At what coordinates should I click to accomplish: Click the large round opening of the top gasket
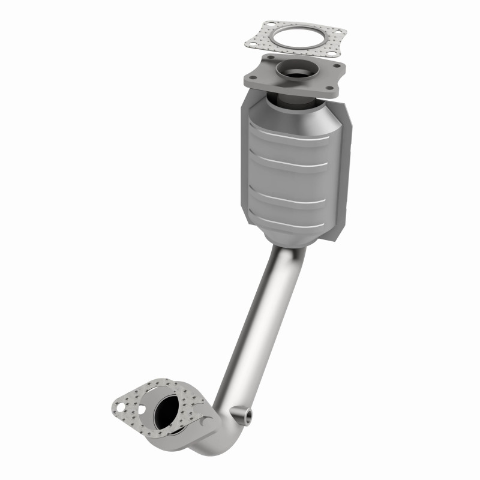click(x=295, y=38)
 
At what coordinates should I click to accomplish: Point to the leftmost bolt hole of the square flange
click(x=252, y=76)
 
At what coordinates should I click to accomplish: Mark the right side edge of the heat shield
click(x=348, y=174)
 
